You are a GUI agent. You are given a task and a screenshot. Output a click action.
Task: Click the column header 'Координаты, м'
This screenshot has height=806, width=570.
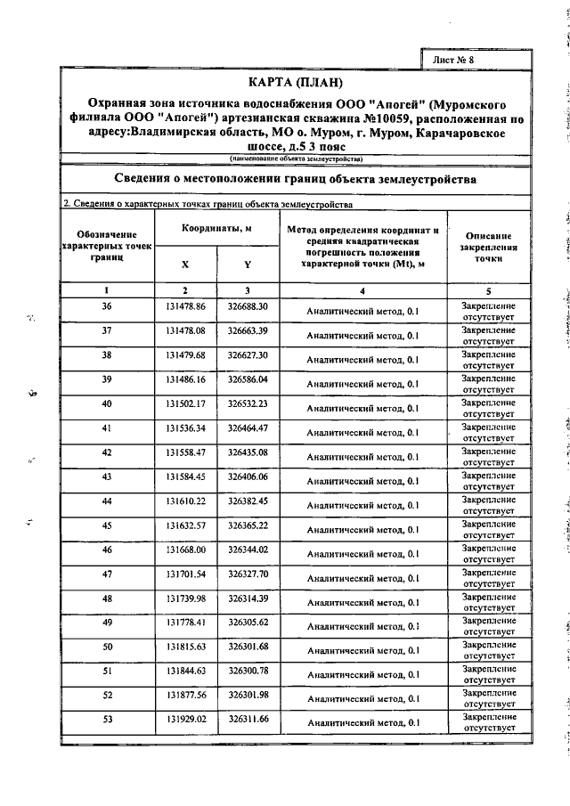[x=216, y=229]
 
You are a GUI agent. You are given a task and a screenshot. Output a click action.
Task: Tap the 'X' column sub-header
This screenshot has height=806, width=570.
[x=185, y=265]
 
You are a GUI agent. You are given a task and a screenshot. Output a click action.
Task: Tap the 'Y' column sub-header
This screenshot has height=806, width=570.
[x=248, y=265]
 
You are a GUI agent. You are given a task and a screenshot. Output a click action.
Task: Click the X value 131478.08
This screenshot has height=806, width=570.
[x=185, y=330]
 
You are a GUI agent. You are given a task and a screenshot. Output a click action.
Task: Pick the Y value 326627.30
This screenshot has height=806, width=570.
[x=248, y=354]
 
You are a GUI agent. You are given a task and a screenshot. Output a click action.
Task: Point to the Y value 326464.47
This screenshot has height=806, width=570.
[x=248, y=427]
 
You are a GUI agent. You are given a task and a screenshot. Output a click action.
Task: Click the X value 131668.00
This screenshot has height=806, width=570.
[x=185, y=549]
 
